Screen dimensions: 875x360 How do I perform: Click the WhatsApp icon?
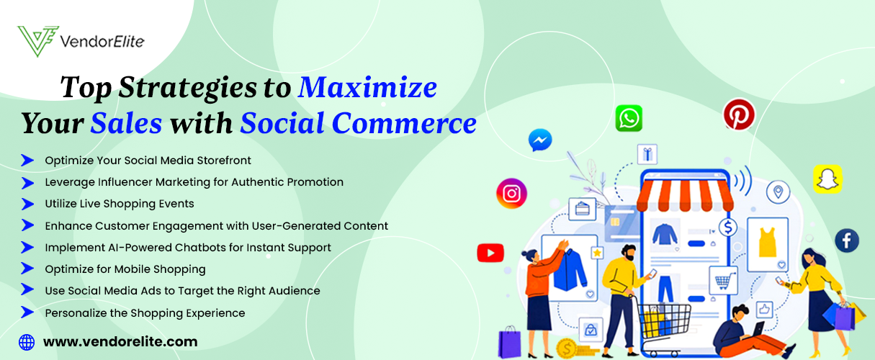point(629,118)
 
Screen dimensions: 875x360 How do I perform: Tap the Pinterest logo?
point(739,114)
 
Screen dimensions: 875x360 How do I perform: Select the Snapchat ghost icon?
point(827,179)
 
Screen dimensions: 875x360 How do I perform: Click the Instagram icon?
point(512,193)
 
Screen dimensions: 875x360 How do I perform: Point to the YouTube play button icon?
point(490,253)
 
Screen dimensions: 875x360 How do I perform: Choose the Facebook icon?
point(847,240)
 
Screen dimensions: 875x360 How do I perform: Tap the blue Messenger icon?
point(540,140)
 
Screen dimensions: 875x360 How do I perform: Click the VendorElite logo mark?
point(38,41)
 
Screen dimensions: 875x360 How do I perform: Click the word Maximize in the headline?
point(367,87)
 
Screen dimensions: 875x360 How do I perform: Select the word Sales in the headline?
point(126,123)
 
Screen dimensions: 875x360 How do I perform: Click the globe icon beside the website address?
point(27,342)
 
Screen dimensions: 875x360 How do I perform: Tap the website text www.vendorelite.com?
point(120,342)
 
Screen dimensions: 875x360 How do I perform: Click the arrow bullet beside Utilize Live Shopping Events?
point(27,204)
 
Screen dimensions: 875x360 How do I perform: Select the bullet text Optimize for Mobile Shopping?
point(125,269)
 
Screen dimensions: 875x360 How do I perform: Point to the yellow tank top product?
point(768,242)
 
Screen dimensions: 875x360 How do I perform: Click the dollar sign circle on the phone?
point(728,228)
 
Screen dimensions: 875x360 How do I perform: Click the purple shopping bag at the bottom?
point(509,343)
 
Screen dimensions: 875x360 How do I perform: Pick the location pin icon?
point(778,192)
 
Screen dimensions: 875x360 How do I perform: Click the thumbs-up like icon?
point(764,310)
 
